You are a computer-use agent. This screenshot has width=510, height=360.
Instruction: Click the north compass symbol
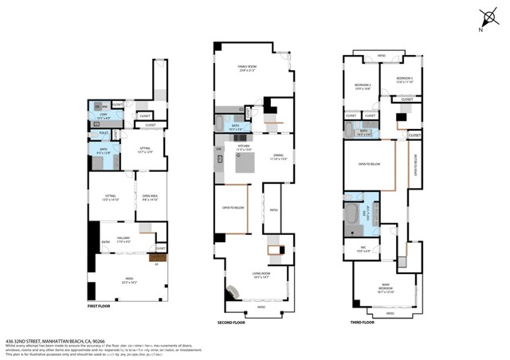point(488,18)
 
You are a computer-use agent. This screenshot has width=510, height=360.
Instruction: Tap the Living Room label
point(265,275)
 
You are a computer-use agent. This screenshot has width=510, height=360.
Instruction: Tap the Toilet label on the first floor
point(104,132)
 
